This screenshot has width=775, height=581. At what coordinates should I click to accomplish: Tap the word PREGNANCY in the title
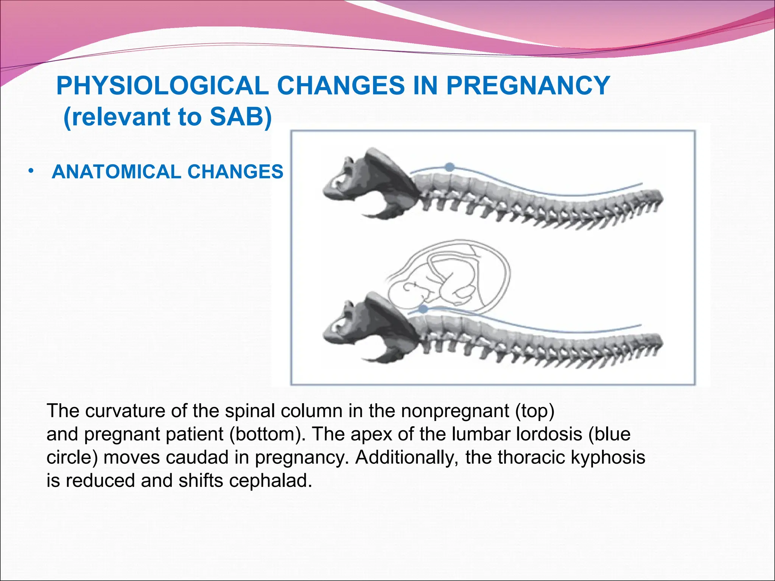click(x=528, y=86)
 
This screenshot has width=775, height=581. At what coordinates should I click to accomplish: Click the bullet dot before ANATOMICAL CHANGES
click(x=31, y=171)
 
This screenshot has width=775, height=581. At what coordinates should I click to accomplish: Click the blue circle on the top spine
click(x=450, y=167)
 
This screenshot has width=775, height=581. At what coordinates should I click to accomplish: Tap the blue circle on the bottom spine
click(x=424, y=309)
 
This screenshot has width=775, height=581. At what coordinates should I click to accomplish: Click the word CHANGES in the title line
click(x=341, y=86)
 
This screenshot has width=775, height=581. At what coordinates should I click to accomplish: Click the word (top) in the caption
click(x=535, y=411)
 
